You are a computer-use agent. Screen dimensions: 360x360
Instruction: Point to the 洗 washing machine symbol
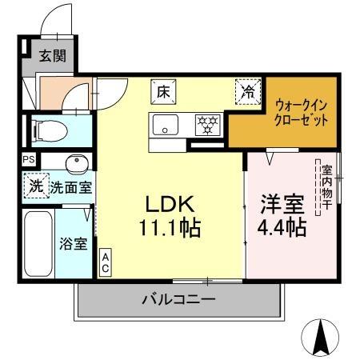36,188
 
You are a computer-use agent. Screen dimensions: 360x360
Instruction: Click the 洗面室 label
71,188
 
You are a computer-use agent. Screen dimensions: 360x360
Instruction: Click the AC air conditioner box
105,262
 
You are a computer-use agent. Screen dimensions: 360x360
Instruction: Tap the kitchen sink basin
166,125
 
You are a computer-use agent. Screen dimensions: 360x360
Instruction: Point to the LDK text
170,202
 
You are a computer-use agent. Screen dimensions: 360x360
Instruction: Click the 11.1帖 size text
170,227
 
